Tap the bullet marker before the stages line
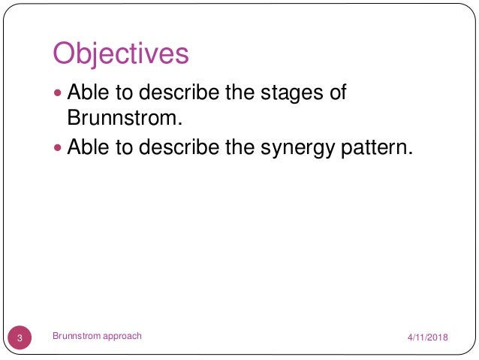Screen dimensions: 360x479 click(x=60, y=94)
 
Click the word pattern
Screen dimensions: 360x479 click(x=374, y=147)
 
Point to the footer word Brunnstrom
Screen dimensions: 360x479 click(x=76, y=337)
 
